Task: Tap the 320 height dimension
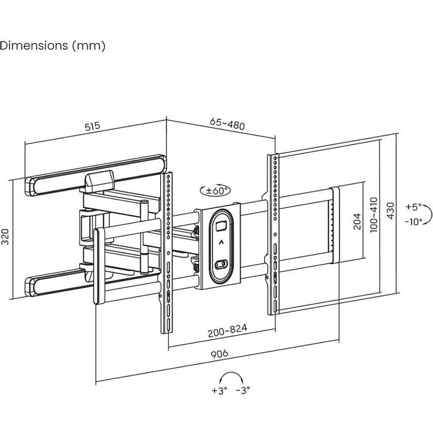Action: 6,236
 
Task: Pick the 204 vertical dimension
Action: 357,221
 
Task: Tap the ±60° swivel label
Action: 215,190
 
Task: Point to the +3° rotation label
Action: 219,390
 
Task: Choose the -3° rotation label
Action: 242,390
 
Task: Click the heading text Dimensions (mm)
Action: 53,45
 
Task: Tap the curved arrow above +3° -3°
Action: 231,377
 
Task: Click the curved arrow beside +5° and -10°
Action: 428,214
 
